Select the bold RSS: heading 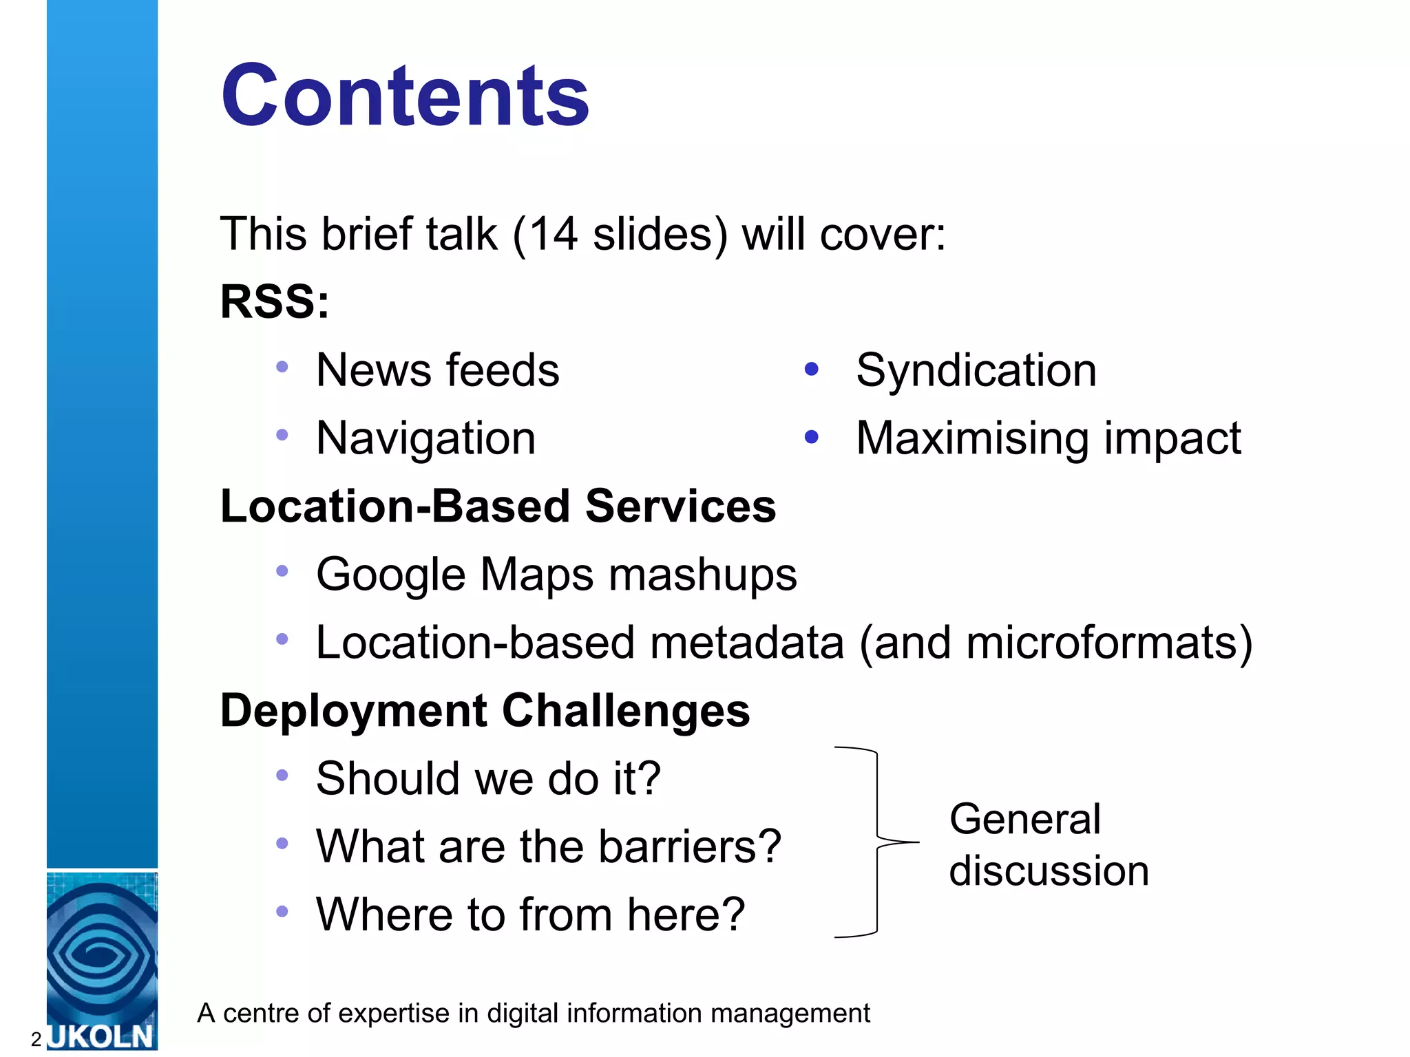click(275, 301)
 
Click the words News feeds click(437, 370)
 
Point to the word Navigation click(425, 438)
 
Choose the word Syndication click(976, 370)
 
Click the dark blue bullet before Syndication click(812, 370)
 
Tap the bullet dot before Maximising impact click(812, 437)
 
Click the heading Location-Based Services click(498, 506)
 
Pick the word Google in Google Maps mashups click(391, 575)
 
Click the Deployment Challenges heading click(485, 710)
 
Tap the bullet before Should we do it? click(282, 776)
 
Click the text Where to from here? click(530, 914)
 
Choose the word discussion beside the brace click(1049, 871)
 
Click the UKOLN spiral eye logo click(102, 953)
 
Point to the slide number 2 click(36, 1039)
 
